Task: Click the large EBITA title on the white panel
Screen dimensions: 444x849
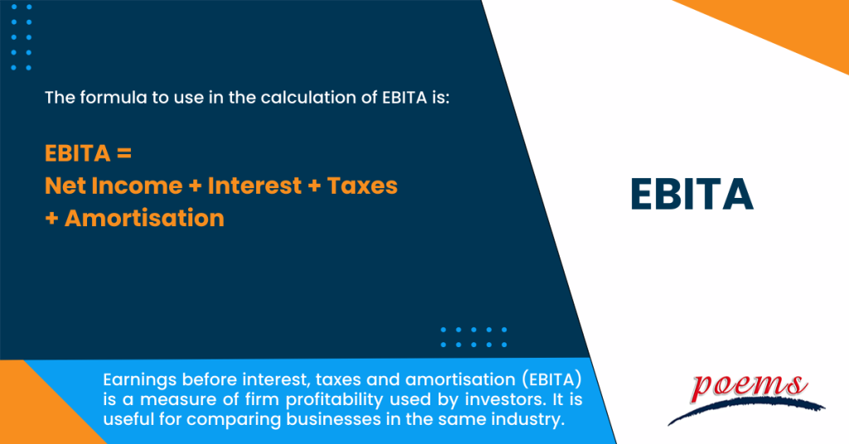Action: tap(691, 194)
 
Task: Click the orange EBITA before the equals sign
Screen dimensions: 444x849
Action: tap(79, 154)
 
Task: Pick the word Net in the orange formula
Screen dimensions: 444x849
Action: tap(61, 186)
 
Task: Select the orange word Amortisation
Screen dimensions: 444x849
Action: tap(144, 218)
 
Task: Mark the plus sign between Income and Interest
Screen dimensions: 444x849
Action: tap(195, 186)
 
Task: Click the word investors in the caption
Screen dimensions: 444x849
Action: tap(463, 400)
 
